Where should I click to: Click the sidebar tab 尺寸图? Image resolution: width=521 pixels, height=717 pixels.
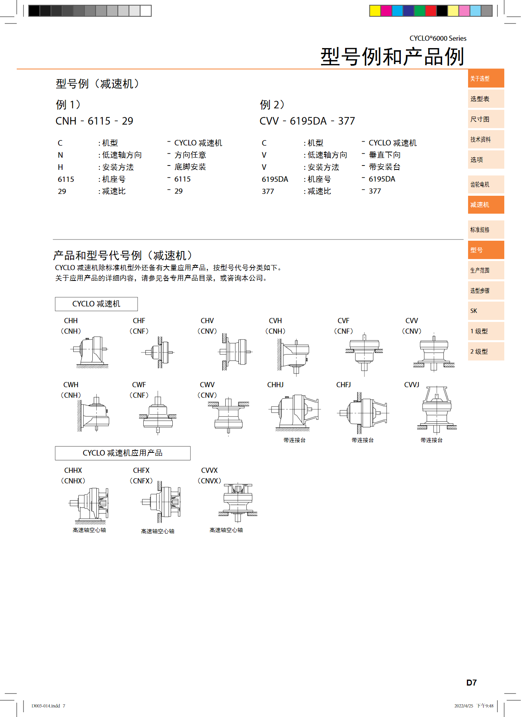(x=486, y=119)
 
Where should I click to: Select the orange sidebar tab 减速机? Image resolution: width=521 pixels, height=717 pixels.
(x=486, y=205)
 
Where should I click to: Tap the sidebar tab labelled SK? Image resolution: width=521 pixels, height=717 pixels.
(x=486, y=311)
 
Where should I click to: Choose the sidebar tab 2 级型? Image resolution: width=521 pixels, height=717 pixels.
(x=486, y=351)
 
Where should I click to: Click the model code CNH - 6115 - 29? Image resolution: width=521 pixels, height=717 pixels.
(x=94, y=121)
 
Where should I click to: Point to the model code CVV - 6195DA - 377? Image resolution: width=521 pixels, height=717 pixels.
(x=307, y=121)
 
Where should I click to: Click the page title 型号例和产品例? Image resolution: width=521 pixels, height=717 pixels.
(x=392, y=57)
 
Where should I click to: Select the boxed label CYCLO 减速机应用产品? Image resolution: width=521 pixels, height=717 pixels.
(x=123, y=453)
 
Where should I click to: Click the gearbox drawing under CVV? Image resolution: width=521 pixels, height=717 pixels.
(x=434, y=352)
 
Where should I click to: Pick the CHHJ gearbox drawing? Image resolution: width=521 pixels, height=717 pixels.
(x=295, y=413)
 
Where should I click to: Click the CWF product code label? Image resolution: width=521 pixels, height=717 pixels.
(x=139, y=385)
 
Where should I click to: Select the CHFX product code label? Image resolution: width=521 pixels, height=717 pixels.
(x=141, y=470)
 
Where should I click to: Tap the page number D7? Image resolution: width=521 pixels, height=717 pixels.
(x=472, y=683)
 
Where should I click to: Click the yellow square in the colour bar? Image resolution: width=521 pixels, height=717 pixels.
(x=375, y=11)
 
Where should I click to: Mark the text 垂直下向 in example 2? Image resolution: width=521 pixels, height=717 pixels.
(x=384, y=155)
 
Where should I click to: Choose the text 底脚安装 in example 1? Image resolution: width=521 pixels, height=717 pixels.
(x=190, y=167)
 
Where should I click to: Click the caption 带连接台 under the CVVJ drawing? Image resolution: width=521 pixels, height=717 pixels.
(x=431, y=440)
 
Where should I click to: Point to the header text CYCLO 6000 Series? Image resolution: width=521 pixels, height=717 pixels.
(x=438, y=38)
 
